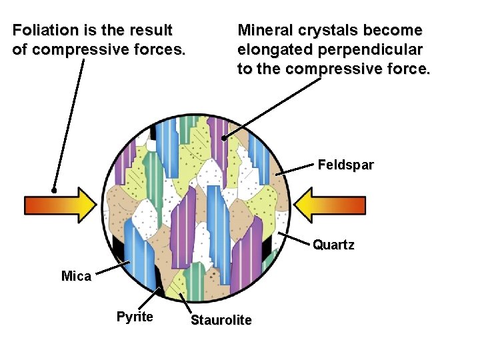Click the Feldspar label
coord(345,165)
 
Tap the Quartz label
coord(333,245)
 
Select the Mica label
coord(76,276)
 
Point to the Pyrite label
coord(135,317)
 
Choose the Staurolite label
coord(221,321)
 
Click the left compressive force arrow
coord(60,205)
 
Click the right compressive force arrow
coord(330,205)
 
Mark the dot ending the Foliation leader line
coord(54,189)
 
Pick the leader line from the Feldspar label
coord(296,169)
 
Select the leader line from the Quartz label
coord(295,240)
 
